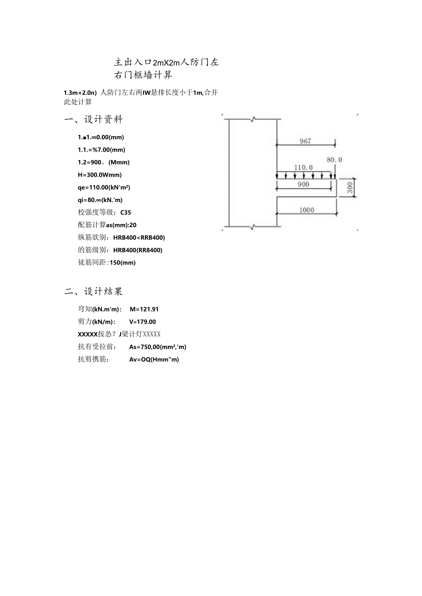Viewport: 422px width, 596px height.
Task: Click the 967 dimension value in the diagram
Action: [305, 141]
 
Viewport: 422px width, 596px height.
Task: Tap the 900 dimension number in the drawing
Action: [303, 184]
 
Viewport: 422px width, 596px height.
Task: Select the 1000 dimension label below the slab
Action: [307, 210]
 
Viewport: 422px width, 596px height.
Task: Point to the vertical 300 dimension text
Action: [350, 188]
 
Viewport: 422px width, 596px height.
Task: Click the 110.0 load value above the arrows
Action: [303, 168]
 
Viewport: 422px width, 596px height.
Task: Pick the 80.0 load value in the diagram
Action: [334, 160]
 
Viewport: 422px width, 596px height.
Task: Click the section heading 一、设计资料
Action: [94, 120]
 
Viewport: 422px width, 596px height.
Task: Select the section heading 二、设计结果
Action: [94, 291]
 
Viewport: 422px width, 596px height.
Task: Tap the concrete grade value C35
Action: [126, 212]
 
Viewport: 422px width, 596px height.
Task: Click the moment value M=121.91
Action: [144, 309]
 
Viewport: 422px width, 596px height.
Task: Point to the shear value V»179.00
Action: [143, 322]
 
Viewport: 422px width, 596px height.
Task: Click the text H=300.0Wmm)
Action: [100, 175]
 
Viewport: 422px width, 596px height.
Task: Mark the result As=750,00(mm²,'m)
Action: [158, 347]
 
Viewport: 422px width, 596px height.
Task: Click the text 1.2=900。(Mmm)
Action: [104, 162]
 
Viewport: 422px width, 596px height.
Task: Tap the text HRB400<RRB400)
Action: [139, 237]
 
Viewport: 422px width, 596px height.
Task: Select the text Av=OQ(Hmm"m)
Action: [154, 360]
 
